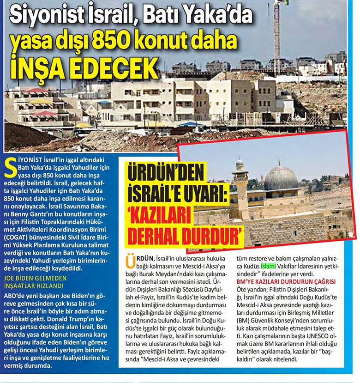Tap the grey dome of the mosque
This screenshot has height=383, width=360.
pyautogui.click(x=281, y=178)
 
